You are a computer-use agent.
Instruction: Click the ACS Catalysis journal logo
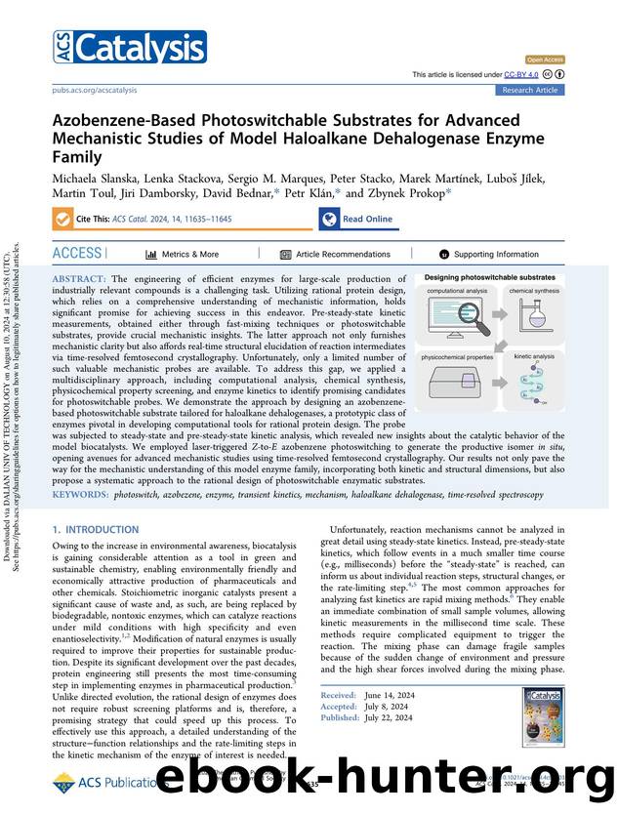tap(129, 47)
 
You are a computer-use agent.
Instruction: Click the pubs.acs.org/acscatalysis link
tap(94, 90)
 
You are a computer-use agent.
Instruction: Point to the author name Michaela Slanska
tap(94, 181)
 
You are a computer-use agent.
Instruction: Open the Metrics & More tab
tap(183, 254)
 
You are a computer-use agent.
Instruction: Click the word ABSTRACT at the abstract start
tap(81, 279)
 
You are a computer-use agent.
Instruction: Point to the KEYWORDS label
tap(80, 496)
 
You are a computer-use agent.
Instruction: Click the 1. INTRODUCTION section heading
tap(96, 530)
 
